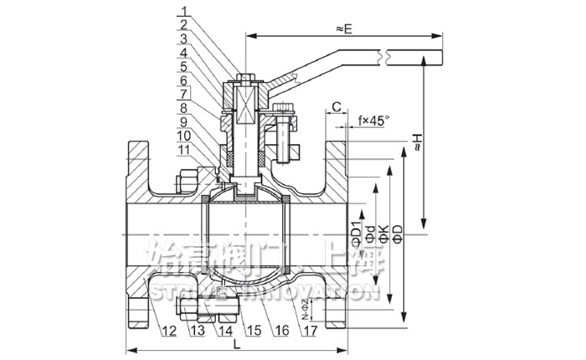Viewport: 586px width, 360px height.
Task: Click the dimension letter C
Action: pos(335,106)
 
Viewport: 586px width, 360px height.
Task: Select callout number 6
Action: pos(187,80)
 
